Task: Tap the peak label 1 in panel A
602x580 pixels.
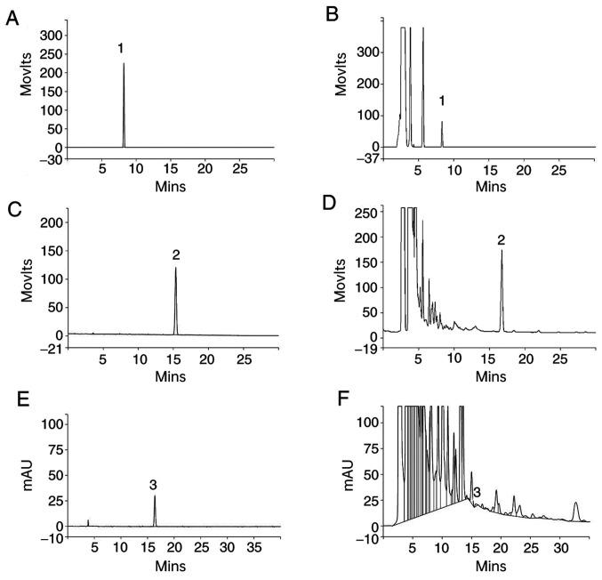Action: tap(120, 48)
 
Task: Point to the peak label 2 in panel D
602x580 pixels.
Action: tap(502, 239)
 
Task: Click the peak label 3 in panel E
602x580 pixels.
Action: tap(153, 485)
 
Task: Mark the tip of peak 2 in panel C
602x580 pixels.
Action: tap(175, 268)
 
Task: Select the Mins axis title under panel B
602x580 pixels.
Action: tap(490, 187)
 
